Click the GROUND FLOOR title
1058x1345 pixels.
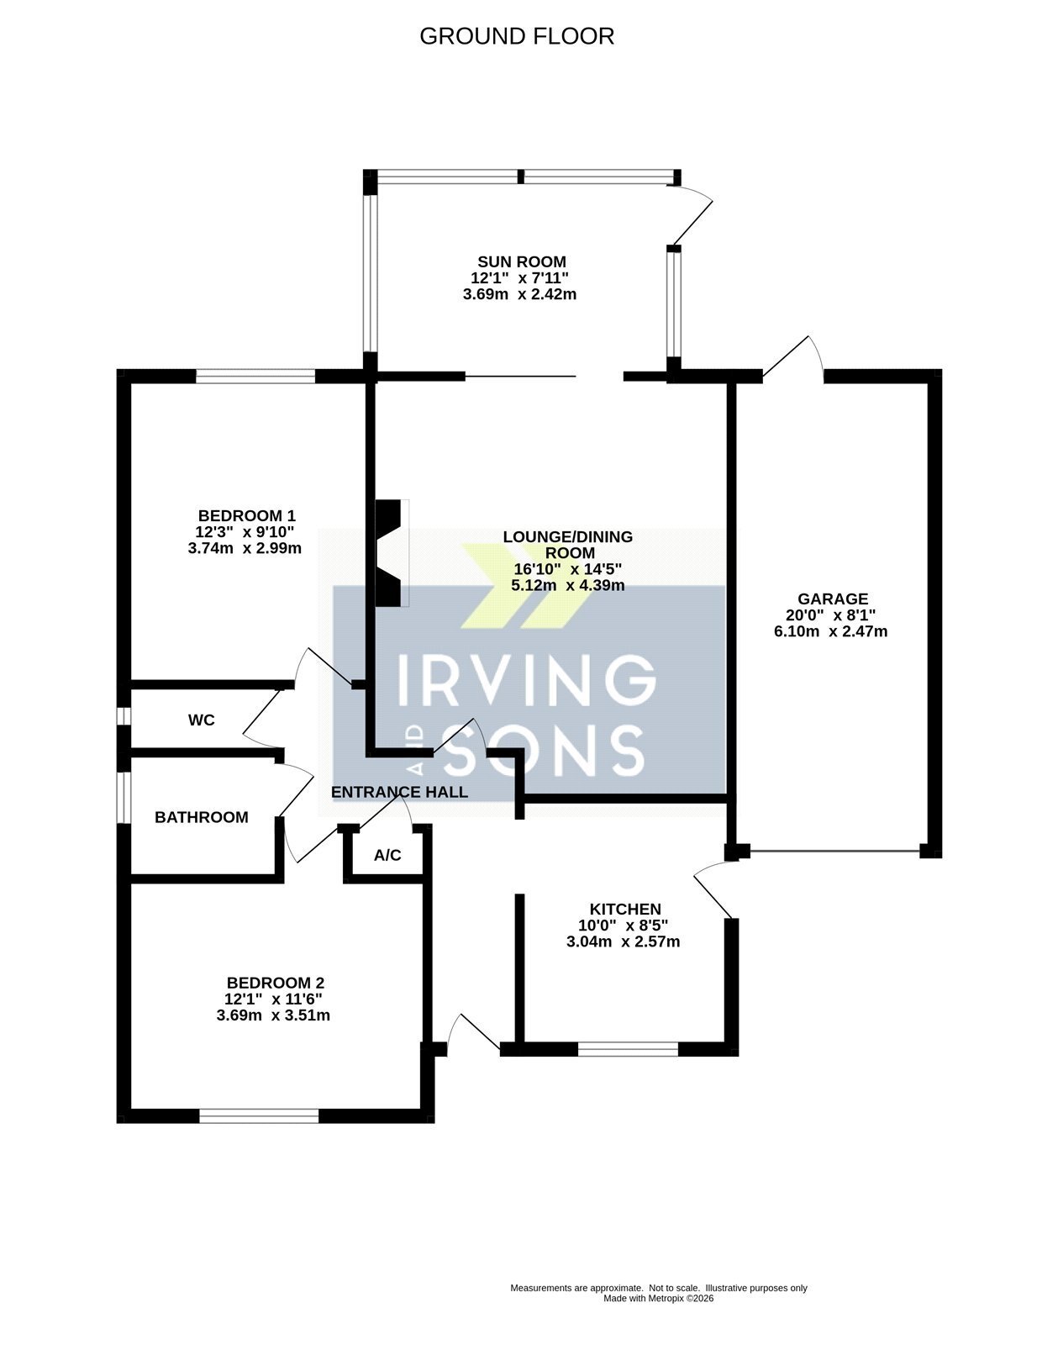[x=517, y=36]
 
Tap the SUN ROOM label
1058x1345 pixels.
[x=522, y=262]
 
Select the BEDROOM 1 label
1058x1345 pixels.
[x=247, y=515]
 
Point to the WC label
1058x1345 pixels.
[x=201, y=720]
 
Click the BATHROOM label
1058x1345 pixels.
[x=201, y=817]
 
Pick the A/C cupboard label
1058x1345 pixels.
[x=387, y=855]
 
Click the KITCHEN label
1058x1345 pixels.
[x=625, y=909]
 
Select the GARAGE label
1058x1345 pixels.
[x=833, y=599]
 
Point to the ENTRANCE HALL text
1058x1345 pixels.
[x=399, y=792]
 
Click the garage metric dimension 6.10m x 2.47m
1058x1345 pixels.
[x=830, y=631]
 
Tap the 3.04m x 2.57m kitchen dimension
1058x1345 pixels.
[x=623, y=941]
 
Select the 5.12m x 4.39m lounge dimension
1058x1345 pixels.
[x=568, y=586]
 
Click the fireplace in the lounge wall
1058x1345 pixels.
[x=390, y=552]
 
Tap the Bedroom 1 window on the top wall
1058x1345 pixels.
[x=255, y=376]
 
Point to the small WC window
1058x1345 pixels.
[x=124, y=715]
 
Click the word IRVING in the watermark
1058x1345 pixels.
[x=526, y=678]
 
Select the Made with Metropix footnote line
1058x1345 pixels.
[x=658, y=1298]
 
